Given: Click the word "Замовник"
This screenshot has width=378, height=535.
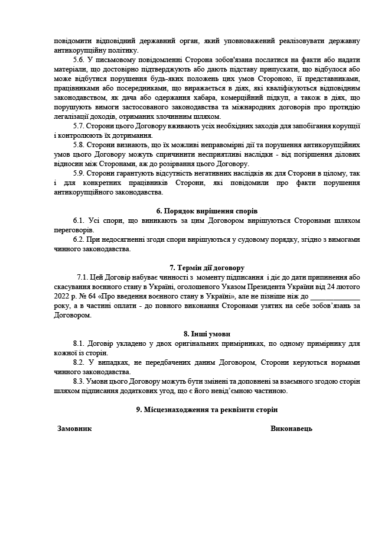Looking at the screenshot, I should [74, 428].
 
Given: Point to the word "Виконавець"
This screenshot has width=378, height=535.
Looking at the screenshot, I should [291, 428].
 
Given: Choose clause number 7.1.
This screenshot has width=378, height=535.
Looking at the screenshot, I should [83, 277].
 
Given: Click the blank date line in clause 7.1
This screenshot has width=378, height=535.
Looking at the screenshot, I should [335, 297].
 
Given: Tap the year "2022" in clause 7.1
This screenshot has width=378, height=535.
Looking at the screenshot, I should [61, 296].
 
